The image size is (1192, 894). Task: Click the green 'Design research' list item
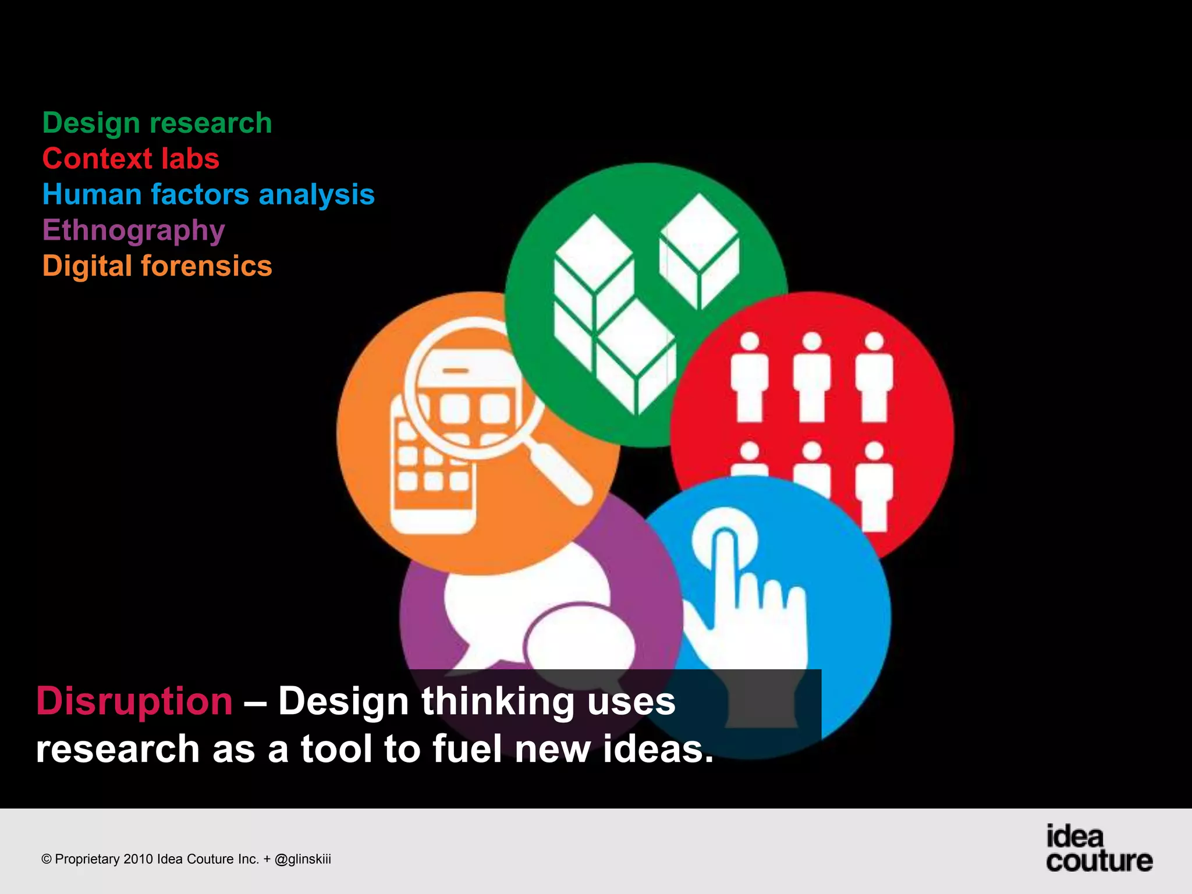pos(157,123)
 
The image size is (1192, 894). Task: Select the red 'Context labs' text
pos(131,159)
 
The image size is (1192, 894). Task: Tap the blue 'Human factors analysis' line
pos(208,194)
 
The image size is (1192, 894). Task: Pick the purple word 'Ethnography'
pos(133,230)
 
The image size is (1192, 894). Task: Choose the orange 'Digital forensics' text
pos(157,266)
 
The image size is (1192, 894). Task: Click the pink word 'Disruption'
pos(134,701)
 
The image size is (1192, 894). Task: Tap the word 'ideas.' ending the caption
pos(658,748)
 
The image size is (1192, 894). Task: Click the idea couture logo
pos(1098,849)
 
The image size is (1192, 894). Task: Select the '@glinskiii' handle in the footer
pos(303,859)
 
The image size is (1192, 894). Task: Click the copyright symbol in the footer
pos(47,860)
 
